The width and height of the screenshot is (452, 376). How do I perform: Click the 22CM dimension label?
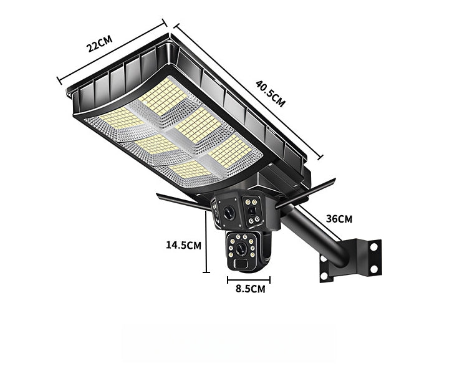pyautogui.click(x=99, y=44)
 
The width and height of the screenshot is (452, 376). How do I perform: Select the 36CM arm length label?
pyautogui.click(x=339, y=219)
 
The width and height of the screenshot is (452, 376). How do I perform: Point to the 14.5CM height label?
pyautogui.click(x=183, y=245)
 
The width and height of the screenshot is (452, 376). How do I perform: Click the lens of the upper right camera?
pyautogui.click(x=252, y=211)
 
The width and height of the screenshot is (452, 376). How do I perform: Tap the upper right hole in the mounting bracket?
pyautogui.click(x=373, y=247)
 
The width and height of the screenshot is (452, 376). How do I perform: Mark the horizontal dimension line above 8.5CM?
pyautogui.click(x=248, y=280)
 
